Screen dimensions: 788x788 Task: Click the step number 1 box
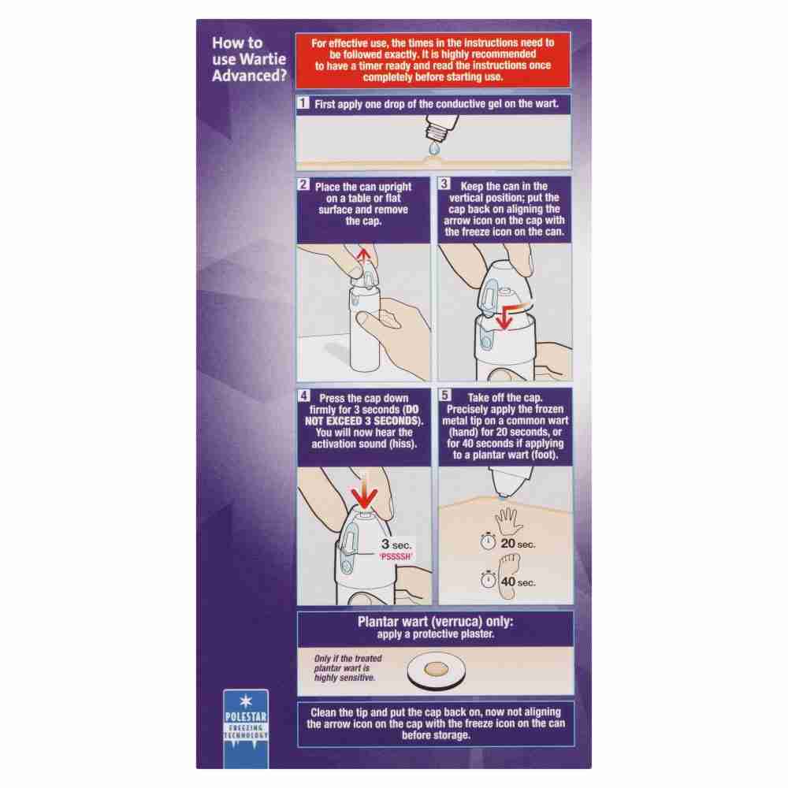(x=303, y=103)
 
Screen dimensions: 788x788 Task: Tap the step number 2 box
(x=303, y=184)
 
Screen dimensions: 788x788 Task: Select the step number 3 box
(x=444, y=184)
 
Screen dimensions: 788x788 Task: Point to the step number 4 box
(x=303, y=396)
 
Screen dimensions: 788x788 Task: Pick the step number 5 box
(x=444, y=395)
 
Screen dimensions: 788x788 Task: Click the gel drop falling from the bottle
(x=434, y=149)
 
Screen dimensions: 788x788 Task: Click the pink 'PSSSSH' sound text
(x=396, y=556)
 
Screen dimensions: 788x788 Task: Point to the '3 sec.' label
(x=396, y=545)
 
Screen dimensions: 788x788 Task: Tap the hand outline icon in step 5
(x=508, y=521)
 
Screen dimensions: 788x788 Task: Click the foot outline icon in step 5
(x=508, y=575)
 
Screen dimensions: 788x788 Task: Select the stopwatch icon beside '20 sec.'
(x=488, y=541)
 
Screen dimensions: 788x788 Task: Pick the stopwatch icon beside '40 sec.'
(x=488, y=579)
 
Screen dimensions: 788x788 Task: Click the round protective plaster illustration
(x=437, y=670)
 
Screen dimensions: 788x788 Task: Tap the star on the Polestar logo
(x=246, y=701)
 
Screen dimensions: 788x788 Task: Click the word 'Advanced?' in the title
(x=249, y=76)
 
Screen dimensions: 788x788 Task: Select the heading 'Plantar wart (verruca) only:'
(x=435, y=622)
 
